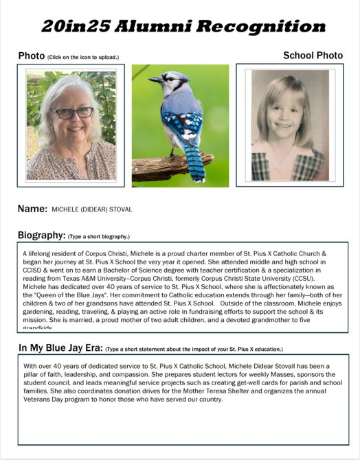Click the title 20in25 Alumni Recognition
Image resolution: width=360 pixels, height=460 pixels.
pos(182,27)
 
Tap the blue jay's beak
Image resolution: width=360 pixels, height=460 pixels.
pos(153,80)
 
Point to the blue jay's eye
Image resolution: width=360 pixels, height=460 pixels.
pos(166,78)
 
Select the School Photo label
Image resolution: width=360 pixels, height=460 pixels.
pos(313,55)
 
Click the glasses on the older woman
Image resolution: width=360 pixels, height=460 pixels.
pos(72,112)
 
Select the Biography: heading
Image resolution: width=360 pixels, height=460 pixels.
pos(41,235)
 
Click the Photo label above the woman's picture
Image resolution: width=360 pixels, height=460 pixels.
pos(31,55)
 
